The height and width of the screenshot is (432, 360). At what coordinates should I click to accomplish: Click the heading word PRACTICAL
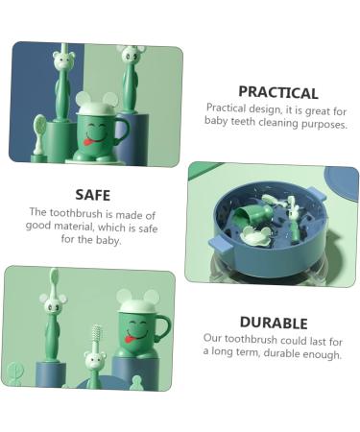point(276,93)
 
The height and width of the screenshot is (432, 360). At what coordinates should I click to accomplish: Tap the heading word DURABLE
point(273,324)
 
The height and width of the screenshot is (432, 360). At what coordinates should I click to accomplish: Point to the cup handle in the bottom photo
point(165,329)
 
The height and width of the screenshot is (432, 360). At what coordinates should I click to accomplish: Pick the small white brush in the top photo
point(38,127)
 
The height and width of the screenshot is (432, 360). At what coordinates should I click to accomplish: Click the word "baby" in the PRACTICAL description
point(218,124)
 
